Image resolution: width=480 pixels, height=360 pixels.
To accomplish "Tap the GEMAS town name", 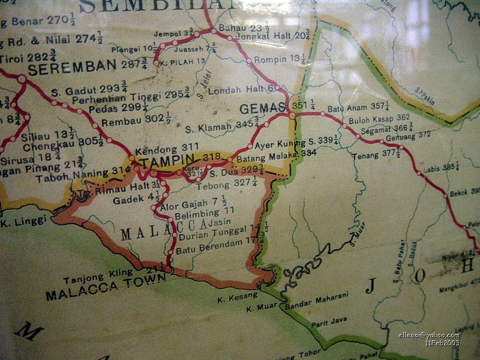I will [263, 108].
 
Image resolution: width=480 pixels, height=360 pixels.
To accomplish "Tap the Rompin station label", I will [272, 60].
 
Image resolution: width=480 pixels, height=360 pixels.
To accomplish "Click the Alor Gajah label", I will [184, 205].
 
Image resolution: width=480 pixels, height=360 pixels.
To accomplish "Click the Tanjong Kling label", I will [98, 272].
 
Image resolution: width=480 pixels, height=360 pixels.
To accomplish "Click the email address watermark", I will [429, 335].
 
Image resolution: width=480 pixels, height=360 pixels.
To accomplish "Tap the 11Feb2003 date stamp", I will [442, 343].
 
